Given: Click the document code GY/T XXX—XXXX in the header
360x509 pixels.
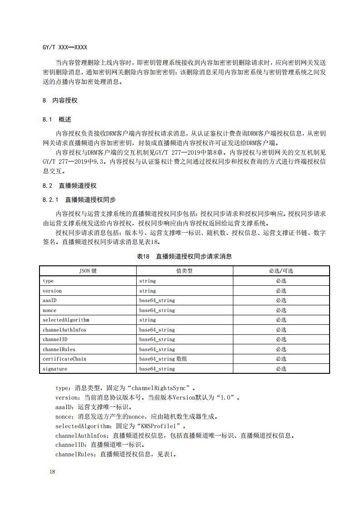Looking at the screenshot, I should point(64,48).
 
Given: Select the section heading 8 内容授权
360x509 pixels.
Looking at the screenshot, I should point(60,101).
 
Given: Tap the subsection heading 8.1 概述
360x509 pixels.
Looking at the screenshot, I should point(57,120).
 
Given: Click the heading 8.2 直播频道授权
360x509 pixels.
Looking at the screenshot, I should point(69,186).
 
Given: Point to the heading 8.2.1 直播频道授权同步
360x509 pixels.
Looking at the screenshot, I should point(79,200).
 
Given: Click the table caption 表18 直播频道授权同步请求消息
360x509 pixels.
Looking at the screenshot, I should point(184,256).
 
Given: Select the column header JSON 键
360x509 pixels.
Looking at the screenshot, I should point(88,271).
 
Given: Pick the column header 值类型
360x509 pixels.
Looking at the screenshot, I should point(184,271).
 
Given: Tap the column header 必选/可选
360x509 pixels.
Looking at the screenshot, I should point(281,271).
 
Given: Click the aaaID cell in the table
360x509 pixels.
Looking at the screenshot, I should point(49,300).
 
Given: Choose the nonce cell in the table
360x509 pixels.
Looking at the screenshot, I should point(49,310).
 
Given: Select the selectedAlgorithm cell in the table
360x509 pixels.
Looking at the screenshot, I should point(66,320).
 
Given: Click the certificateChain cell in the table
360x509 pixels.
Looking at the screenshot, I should point(64,359).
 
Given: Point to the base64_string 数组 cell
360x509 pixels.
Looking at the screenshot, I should point(163,359).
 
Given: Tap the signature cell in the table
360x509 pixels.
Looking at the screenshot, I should point(55,369).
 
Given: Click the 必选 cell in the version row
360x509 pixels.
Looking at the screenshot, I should point(281,291).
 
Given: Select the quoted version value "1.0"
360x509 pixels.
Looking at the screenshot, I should point(227,398).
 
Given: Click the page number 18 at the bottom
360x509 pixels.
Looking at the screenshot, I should point(52,472).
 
